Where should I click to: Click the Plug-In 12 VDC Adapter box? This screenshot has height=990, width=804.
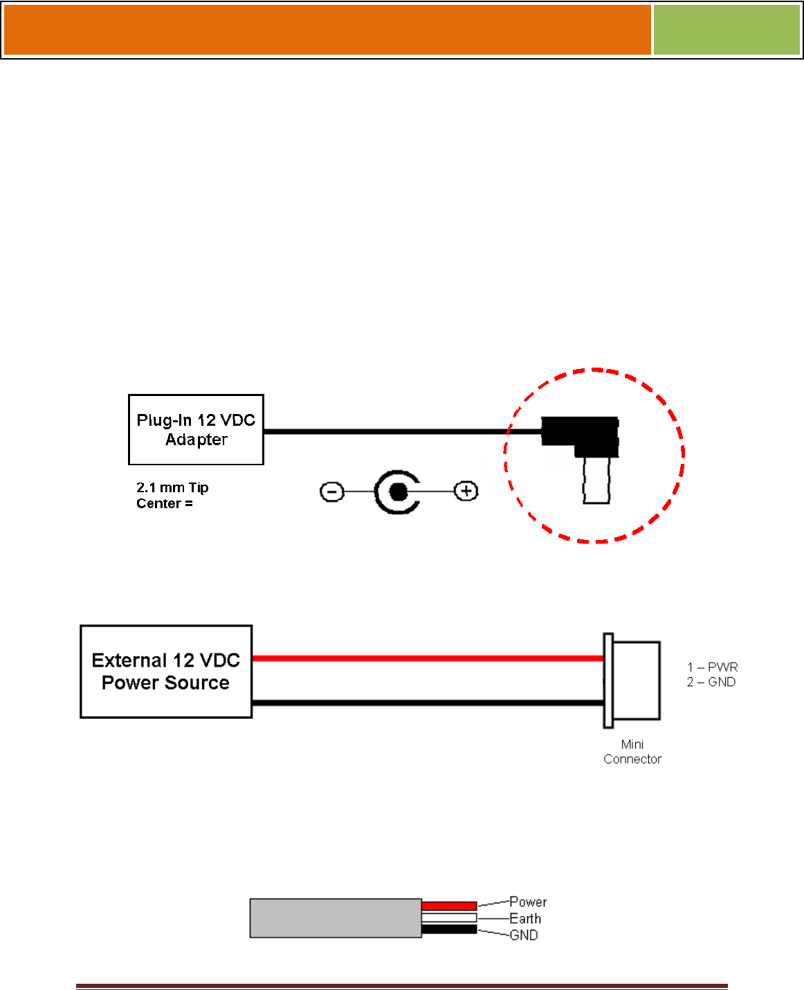tap(196, 429)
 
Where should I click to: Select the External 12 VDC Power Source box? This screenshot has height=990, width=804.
tap(166, 672)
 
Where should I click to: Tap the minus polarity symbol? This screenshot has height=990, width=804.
tap(332, 492)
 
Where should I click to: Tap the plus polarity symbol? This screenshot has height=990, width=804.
tap(466, 492)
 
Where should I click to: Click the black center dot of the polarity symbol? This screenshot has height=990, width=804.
tap(398, 492)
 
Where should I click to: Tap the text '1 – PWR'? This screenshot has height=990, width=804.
tap(712, 667)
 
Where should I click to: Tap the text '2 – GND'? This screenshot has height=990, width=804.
tap(711, 682)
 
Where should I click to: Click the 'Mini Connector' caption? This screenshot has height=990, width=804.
tap(632, 752)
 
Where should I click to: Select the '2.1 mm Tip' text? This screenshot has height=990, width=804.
tap(172, 487)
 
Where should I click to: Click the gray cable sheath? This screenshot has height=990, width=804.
tap(336, 918)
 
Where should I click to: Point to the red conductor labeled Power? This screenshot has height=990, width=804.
tap(449, 906)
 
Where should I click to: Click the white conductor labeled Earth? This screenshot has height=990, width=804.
tap(449, 918)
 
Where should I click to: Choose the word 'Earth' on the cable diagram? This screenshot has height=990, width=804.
tap(525, 919)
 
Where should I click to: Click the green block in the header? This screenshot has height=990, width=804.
tap(727, 30)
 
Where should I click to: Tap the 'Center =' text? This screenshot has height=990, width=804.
tap(165, 503)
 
